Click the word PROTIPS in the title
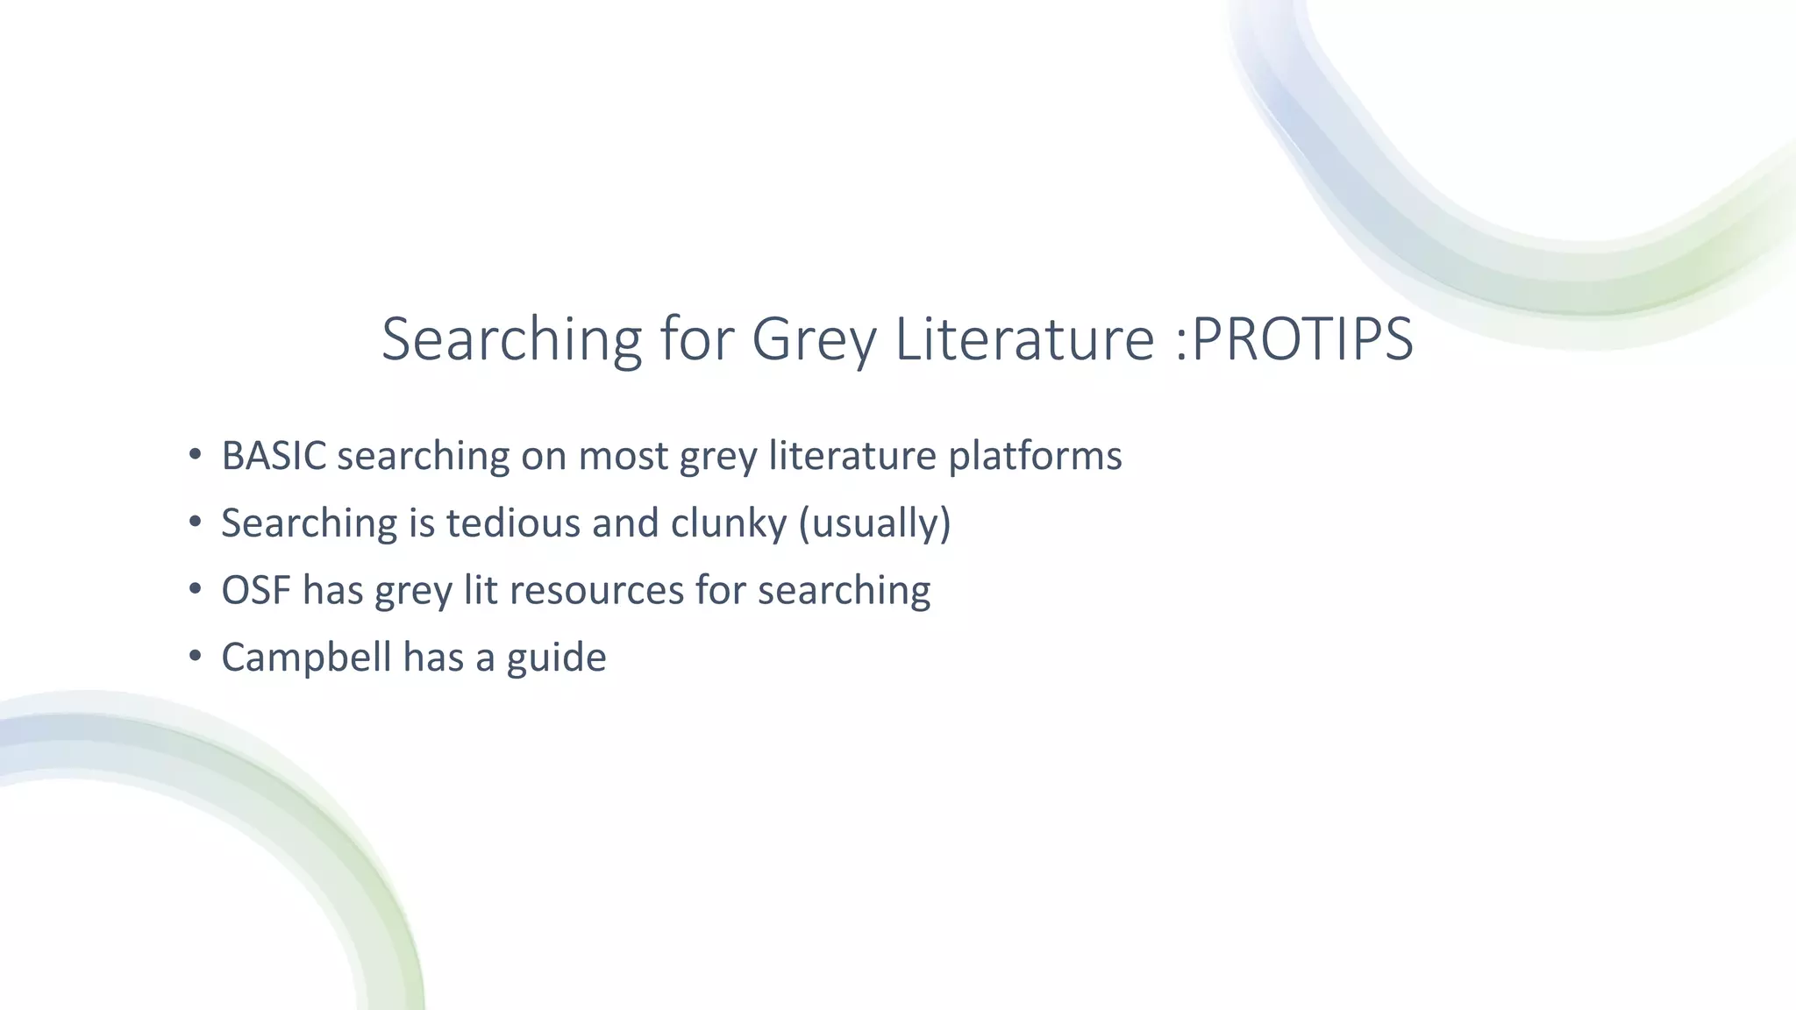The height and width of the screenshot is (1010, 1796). pyautogui.click(x=1303, y=338)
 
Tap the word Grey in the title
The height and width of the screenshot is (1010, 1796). pyautogui.click(x=814, y=340)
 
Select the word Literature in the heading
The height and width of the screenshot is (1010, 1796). pyautogui.click(x=1024, y=338)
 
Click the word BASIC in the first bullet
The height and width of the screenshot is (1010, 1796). pyautogui.click(x=274, y=456)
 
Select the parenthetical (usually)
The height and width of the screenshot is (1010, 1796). pyautogui.click(x=874, y=523)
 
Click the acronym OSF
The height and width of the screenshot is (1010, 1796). pyautogui.click(x=256, y=590)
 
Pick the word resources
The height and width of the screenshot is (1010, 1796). pyautogui.click(x=596, y=590)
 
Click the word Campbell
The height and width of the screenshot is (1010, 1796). pyautogui.click(x=306, y=658)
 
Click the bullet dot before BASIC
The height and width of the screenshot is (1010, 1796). pyautogui.click(x=195, y=455)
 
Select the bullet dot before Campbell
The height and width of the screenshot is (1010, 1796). pyautogui.click(x=195, y=657)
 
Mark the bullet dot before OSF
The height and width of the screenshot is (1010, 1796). pyautogui.click(x=195, y=589)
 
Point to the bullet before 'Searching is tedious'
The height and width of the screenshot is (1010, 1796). pyautogui.click(x=195, y=523)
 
